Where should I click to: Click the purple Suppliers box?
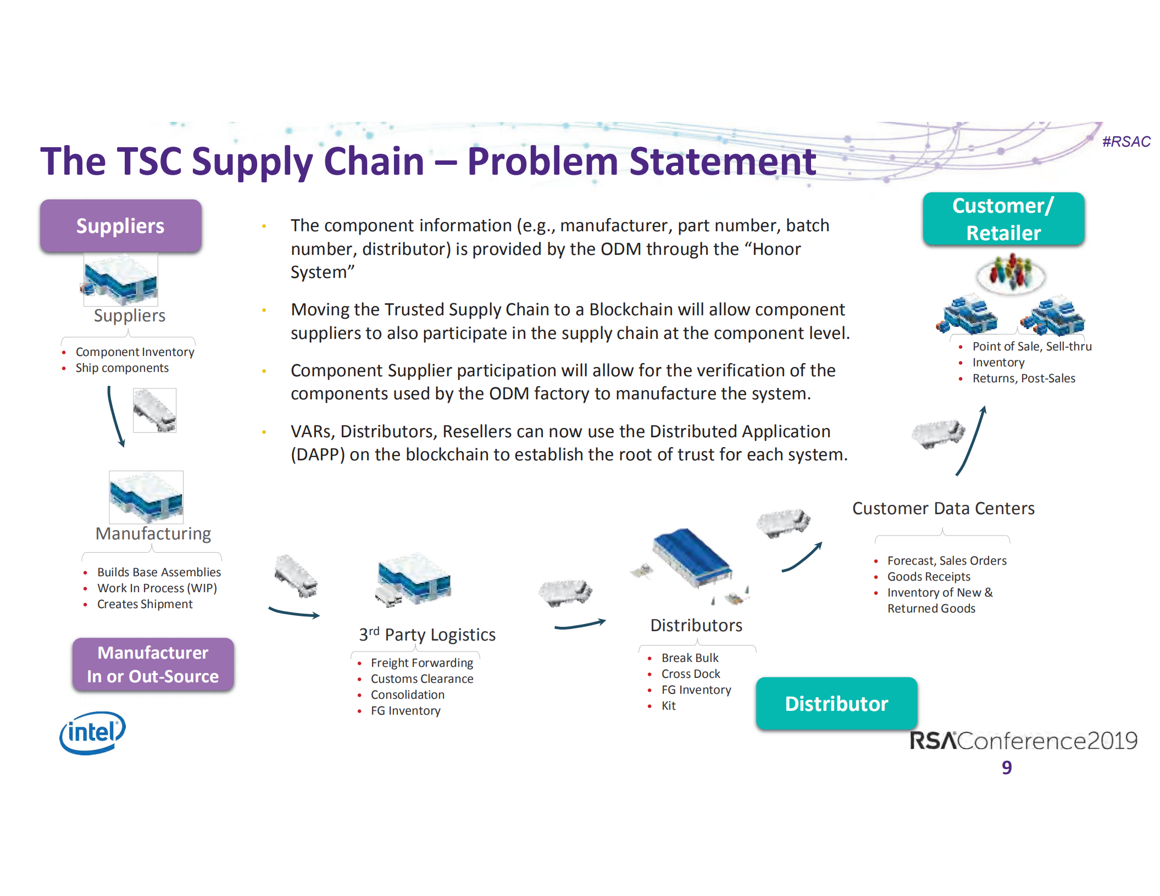pos(120,226)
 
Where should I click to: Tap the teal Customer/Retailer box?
pos(1003,219)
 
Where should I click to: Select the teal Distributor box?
pos(836,704)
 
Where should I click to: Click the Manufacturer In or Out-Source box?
pos(153,664)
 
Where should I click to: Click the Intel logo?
pos(92,733)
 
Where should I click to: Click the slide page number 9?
pos(1006,767)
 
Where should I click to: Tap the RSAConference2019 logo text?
pos(1023,741)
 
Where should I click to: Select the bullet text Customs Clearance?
pos(421,679)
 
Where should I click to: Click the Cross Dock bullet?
pos(690,674)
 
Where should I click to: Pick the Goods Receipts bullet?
pos(928,577)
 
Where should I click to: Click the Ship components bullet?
pos(122,368)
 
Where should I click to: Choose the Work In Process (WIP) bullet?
pos(157,588)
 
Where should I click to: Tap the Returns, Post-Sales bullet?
pos(1023,379)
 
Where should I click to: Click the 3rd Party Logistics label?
pos(427,635)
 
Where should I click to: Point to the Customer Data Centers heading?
pos(943,509)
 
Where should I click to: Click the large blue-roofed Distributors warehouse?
pos(691,558)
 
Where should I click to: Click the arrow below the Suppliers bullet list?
pos(115,416)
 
